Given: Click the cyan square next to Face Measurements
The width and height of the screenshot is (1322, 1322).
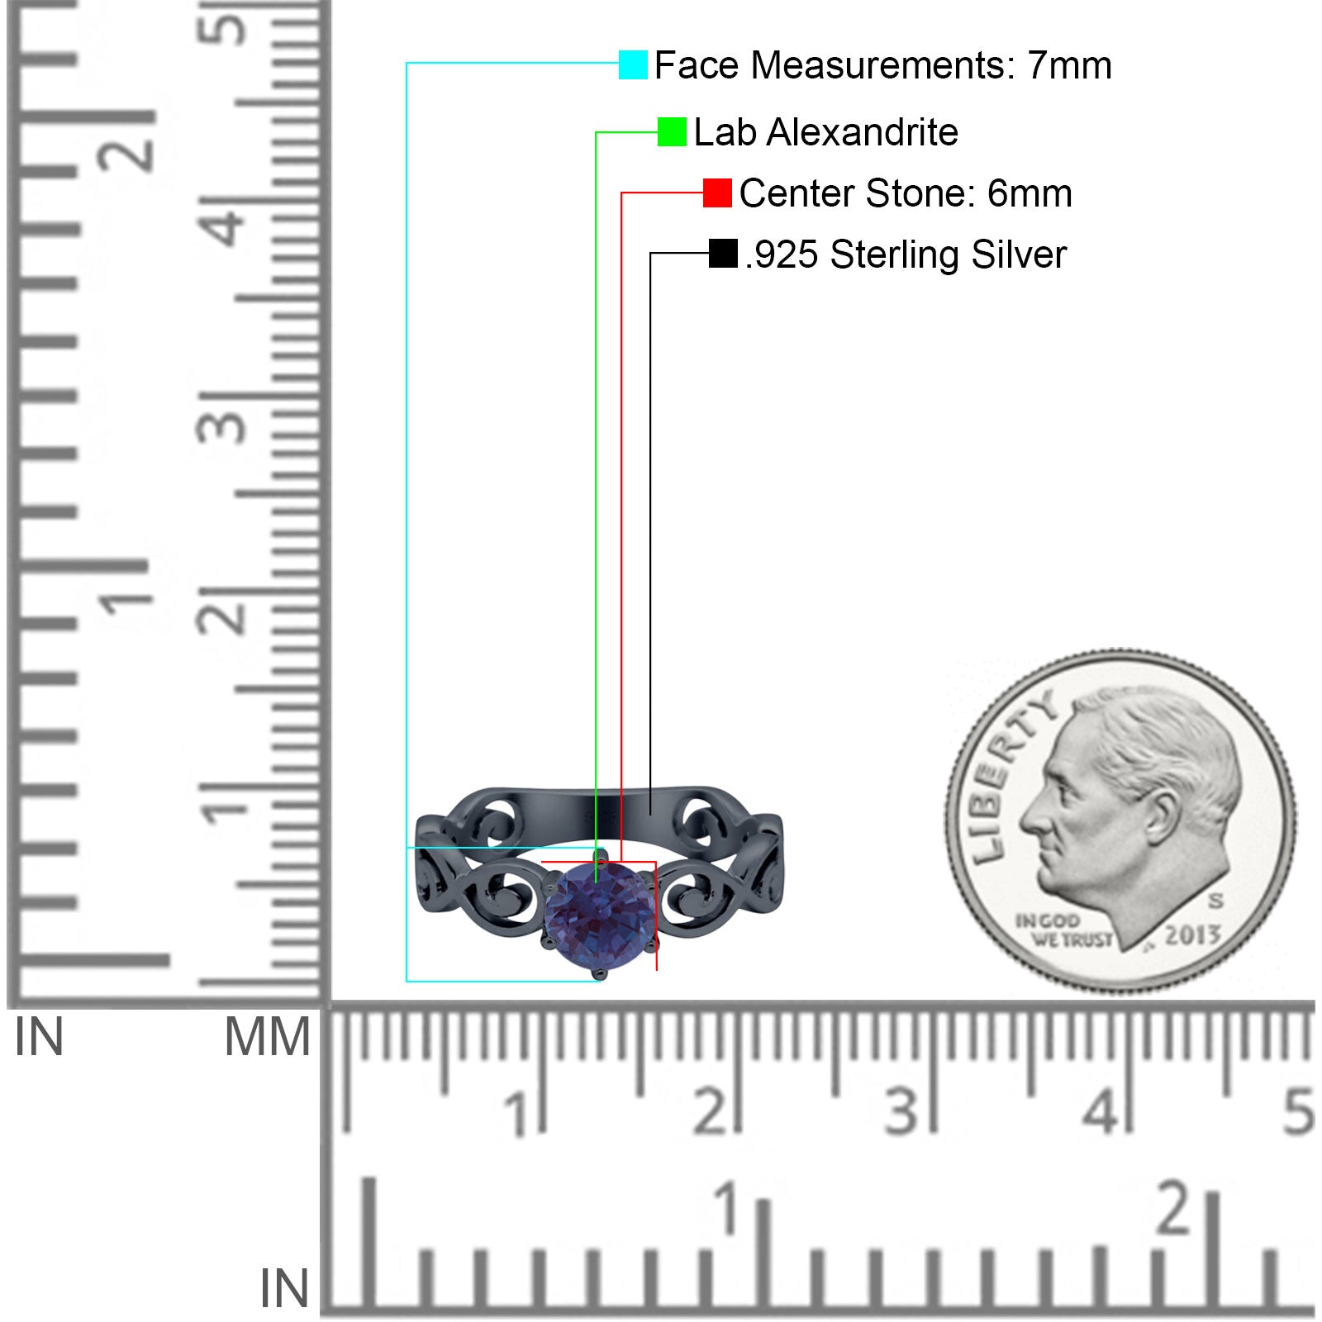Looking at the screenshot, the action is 633,64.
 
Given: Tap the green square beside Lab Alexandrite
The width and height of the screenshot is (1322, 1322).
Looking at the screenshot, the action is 672,131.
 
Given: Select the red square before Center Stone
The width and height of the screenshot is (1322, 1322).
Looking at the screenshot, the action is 717,193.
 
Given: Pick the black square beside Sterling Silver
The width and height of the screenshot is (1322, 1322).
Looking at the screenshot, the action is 723,254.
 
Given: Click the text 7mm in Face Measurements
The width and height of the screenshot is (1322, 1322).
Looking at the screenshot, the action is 1069,65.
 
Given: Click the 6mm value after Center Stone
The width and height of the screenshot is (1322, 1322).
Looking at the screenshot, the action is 1030,193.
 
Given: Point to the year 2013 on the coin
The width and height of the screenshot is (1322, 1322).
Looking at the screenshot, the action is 1192,935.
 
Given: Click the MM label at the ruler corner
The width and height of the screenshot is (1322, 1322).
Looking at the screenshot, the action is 268,1037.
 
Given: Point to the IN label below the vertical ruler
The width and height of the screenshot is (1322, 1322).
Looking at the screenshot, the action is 39,1037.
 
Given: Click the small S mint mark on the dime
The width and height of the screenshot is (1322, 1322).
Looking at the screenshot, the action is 1215,900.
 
